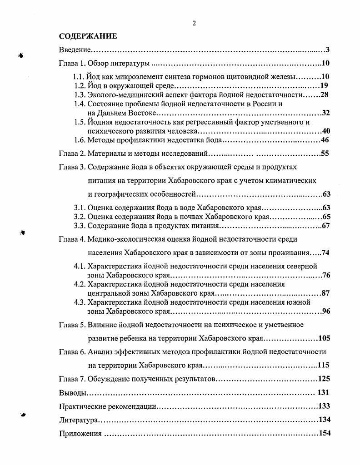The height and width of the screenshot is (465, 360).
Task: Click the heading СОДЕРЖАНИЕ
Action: coord(88,36)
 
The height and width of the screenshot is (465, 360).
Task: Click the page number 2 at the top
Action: coord(194,24)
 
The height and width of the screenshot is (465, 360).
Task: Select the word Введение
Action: coord(75,49)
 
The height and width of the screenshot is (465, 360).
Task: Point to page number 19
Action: coord(324,85)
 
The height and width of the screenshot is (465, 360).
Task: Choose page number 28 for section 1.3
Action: coord(324,94)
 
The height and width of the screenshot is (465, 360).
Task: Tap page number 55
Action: coord(325,153)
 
